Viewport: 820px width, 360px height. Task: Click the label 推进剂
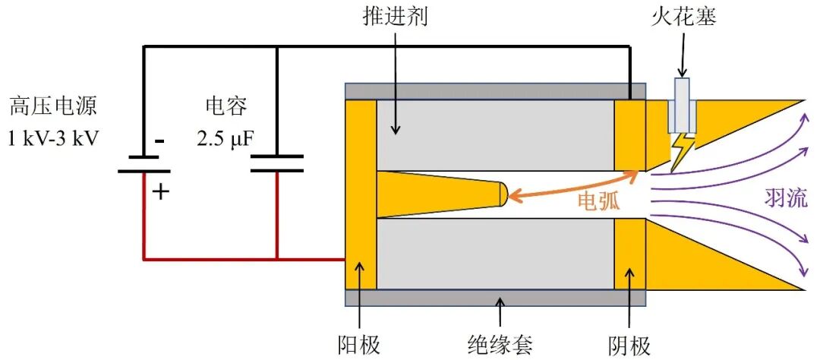point(395,17)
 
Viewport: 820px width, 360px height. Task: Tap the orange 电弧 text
point(599,201)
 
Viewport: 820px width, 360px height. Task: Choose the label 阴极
point(630,346)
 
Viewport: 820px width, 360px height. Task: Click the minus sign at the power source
point(159,141)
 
